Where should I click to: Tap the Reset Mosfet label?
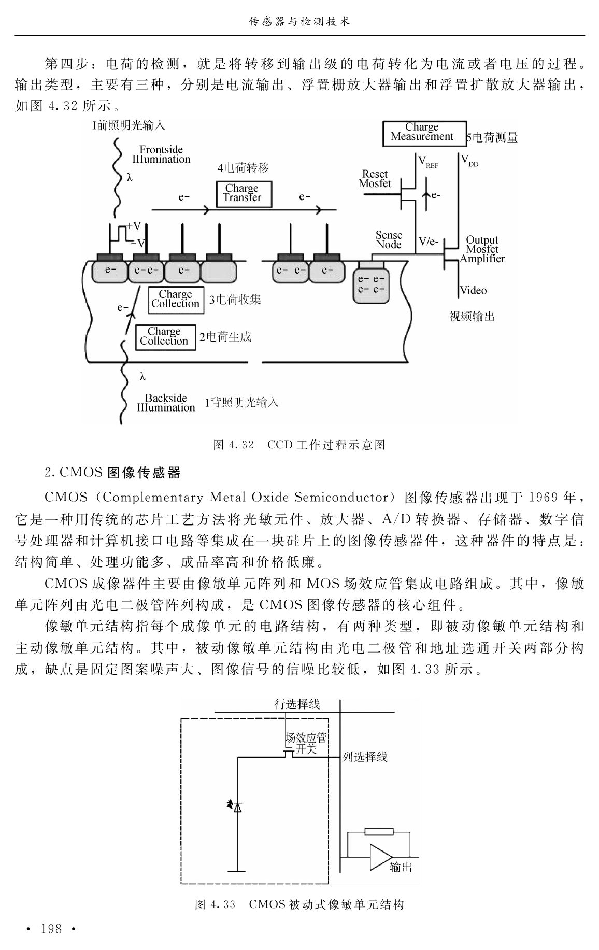375,179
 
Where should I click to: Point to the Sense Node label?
389,240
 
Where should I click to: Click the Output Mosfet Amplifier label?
482,249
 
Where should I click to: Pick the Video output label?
474,290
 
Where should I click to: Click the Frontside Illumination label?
161,154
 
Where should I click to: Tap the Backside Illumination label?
166,403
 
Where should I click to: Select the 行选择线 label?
297,703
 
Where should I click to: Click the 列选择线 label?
365,757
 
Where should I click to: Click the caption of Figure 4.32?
299,445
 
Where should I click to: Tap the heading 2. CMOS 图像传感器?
112,473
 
